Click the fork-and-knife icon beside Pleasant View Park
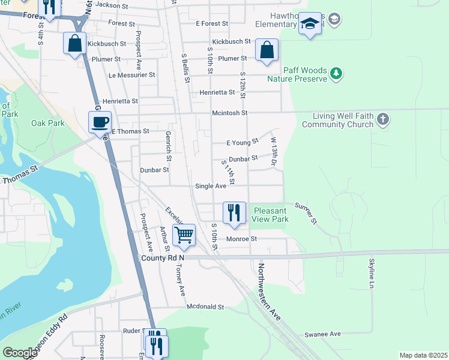coord(234,213)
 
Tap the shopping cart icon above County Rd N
coord(184,234)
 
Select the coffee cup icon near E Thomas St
coord(100,122)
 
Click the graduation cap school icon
coord(310,24)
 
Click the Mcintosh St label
coord(229,113)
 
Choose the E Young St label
coord(242,142)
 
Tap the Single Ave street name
coord(210,186)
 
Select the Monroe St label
coord(241,239)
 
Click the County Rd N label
coord(163,257)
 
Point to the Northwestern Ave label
coord(270,292)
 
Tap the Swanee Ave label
coord(322,334)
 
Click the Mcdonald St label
coord(205,307)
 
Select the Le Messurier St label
coord(132,75)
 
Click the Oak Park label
coord(47,124)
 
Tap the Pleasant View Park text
coord(271,215)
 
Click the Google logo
coord(20,353)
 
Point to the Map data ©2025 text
coord(423,355)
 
